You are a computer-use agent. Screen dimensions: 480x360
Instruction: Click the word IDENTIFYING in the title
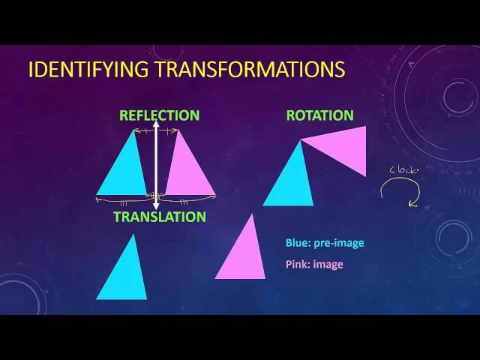pyautogui.click(x=88, y=69)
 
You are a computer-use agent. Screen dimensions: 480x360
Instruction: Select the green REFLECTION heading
pyautogui.click(x=160, y=115)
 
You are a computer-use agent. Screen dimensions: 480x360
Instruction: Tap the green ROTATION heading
pyautogui.click(x=320, y=115)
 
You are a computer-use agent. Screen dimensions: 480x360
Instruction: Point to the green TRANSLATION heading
pyautogui.click(x=160, y=217)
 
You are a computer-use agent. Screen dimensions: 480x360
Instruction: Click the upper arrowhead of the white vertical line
pyautogui.click(x=156, y=123)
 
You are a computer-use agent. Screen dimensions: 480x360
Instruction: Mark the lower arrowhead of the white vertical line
pyautogui.click(x=156, y=206)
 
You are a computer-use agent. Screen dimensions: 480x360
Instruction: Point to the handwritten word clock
pyautogui.click(x=403, y=170)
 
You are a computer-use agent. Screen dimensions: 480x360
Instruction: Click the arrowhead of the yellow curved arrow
pyautogui.click(x=413, y=203)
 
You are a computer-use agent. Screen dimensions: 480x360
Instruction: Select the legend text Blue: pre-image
pyautogui.click(x=325, y=243)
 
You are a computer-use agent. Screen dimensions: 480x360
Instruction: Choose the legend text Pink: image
pyautogui.click(x=314, y=264)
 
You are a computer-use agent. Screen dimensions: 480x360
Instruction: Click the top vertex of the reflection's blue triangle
pyautogui.click(x=133, y=130)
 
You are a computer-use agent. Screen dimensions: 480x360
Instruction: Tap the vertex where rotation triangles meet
pyautogui.click(x=301, y=140)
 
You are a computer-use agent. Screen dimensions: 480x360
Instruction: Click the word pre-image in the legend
pyautogui.click(x=339, y=243)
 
